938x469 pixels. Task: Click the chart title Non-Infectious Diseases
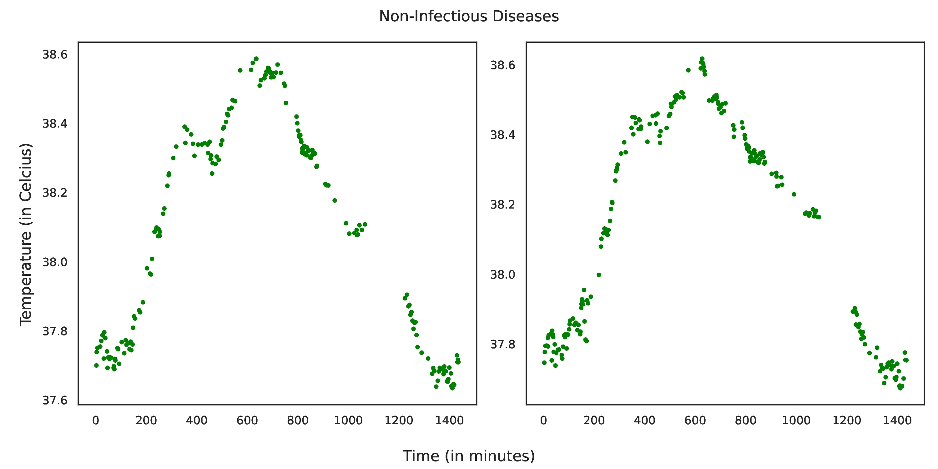(469, 16)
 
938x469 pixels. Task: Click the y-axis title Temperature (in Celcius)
(26, 234)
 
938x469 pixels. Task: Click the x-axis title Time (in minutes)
(469, 456)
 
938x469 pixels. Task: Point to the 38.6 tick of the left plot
(55, 55)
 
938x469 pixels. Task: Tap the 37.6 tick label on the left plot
(55, 401)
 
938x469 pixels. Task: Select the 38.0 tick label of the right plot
(503, 275)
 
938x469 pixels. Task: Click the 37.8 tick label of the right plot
(503, 344)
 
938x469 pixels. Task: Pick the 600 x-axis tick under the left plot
(247, 421)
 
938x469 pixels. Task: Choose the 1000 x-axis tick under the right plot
(796, 421)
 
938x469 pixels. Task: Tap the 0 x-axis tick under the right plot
(544, 421)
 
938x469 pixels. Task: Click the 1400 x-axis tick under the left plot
(449, 421)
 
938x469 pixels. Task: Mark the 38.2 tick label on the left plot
(55, 193)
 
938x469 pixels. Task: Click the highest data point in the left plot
(256, 59)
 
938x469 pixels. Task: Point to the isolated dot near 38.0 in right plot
(599, 275)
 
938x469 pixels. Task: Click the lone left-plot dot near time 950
(335, 201)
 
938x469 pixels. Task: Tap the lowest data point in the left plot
(452, 388)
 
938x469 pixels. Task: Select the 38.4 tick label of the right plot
(503, 135)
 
